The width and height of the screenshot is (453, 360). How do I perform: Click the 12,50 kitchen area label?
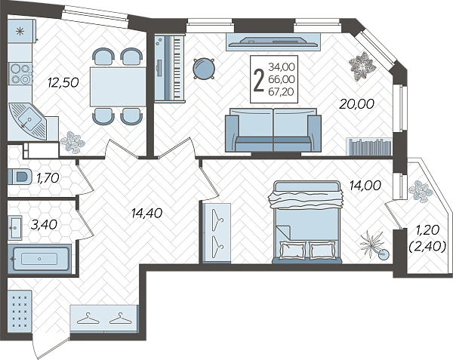point(63,83)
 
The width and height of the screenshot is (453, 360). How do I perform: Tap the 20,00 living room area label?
point(356,104)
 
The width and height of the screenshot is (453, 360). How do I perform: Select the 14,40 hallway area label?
point(146,213)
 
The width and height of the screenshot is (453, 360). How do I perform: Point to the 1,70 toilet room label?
point(48,178)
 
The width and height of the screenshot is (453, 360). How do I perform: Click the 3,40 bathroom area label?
point(44,225)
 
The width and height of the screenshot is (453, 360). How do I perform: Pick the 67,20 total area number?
point(282,92)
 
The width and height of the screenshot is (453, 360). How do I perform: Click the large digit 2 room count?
point(258,80)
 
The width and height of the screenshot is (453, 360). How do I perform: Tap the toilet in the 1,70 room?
point(20,177)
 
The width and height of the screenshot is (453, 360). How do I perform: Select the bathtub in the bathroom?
point(39,259)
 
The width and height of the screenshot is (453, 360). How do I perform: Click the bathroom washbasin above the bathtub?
point(15,228)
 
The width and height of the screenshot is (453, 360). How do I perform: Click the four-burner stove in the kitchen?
point(20,73)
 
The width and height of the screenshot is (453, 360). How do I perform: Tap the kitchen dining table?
point(118,87)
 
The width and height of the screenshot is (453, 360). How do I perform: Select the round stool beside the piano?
point(204,69)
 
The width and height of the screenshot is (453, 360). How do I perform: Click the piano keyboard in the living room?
point(169,68)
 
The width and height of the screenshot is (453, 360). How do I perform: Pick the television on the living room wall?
point(273,42)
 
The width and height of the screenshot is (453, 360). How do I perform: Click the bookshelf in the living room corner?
point(369,146)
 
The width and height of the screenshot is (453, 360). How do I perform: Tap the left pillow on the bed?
point(293,249)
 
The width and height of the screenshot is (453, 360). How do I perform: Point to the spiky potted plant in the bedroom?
point(373,245)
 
